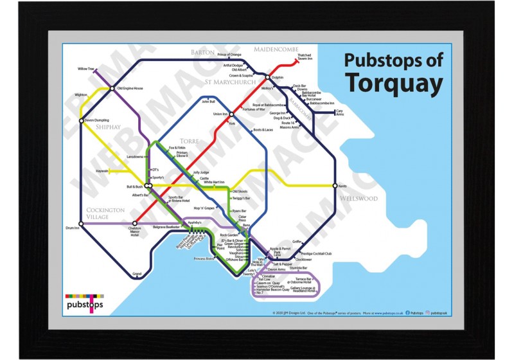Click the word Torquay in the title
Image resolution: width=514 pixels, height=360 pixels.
point(394,83)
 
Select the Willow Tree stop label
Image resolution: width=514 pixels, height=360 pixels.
point(85,68)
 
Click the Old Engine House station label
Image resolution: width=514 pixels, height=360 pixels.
point(130,88)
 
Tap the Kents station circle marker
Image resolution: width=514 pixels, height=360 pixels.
point(335,186)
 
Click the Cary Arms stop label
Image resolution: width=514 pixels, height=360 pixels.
point(341,113)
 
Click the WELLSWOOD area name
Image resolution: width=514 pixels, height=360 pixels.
point(359,199)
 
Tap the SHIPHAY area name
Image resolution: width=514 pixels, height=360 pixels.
point(109,127)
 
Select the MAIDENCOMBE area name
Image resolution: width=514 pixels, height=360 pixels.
point(278,50)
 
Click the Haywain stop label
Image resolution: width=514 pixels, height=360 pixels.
point(102,171)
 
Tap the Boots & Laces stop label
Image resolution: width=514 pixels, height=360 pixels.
point(264,130)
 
